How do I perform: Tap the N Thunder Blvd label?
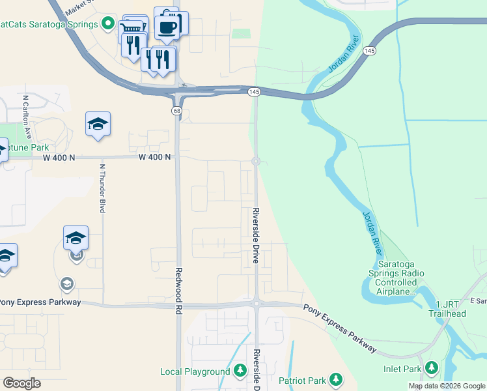pos(102,188)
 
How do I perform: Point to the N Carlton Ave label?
pos(27,117)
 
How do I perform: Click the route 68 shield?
pos(176,111)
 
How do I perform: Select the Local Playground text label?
pos(195,371)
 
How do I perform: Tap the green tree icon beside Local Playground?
pos(240,371)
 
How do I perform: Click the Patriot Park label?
pos(302,380)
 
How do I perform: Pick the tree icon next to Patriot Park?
pos(336,379)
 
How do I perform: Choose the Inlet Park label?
pos(402,369)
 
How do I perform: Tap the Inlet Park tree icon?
pos(431,368)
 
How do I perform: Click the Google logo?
pos(21,383)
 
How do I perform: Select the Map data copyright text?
pos(447,386)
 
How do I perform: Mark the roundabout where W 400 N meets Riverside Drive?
pos(257,161)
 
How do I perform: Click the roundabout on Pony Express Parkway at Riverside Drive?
pos(257,303)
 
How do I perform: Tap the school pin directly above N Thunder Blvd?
pos(98,124)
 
